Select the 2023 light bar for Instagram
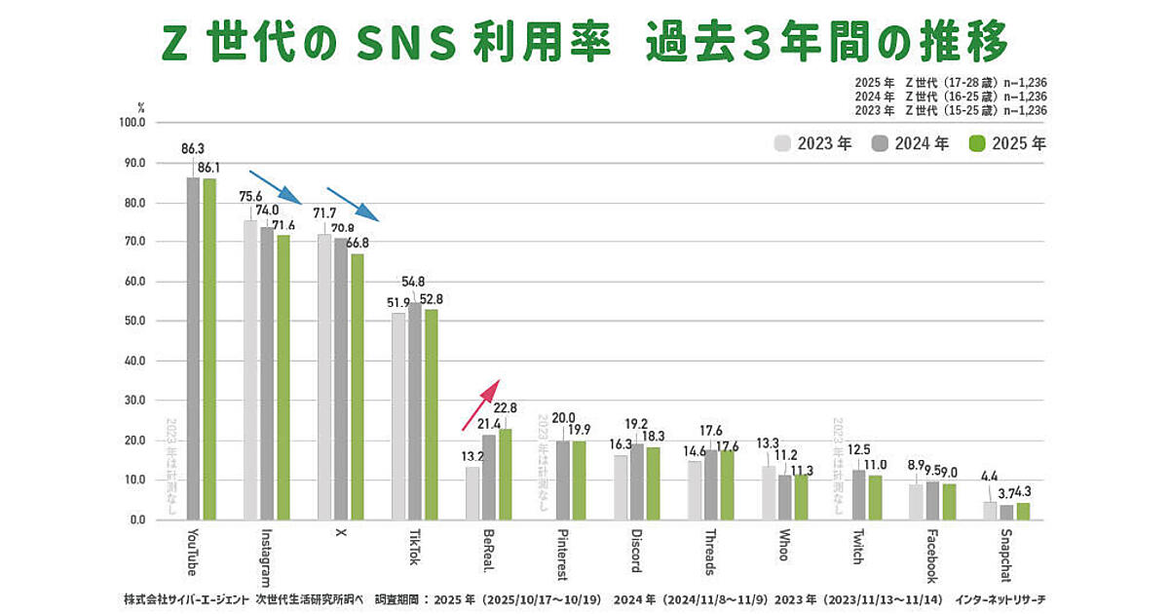(x=250, y=370)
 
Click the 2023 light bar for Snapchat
(x=990, y=511)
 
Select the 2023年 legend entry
(x=813, y=144)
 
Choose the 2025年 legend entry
(x=1007, y=144)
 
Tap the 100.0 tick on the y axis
(x=131, y=123)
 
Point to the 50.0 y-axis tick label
(x=132, y=321)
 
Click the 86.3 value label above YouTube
(x=193, y=149)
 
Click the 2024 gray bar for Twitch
(x=858, y=495)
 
